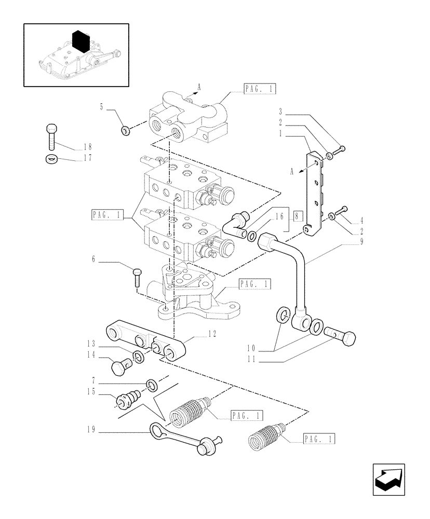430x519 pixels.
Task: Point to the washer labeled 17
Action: pyautogui.click(x=51, y=159)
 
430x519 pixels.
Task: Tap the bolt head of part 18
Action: pyautogui.click(x=51, y=128)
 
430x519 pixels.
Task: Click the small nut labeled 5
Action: pyautogui.click(x=125, y=130)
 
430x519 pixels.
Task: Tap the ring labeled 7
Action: pyautogui.click(x=152, y=385)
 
